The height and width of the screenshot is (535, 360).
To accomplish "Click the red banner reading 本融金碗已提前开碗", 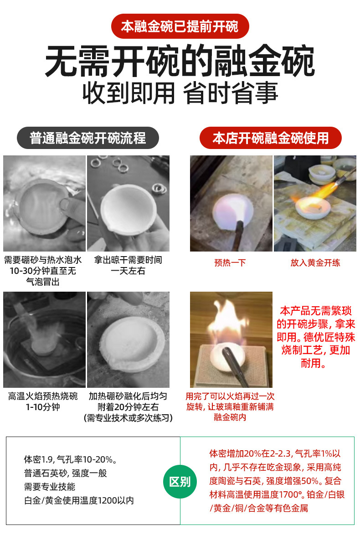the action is tap(180, 26).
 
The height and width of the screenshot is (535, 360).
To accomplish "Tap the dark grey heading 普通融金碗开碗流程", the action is tap(87, 138).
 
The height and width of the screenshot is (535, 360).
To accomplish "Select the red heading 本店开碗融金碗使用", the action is tap(270, 138).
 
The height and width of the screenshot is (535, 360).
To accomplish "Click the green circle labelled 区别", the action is tap(180, 481).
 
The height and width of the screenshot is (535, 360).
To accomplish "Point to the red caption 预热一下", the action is tap(230, 263).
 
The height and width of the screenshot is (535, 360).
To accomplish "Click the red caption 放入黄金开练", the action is tap(315, 263).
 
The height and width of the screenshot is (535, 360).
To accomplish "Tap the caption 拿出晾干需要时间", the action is tap(129, 260).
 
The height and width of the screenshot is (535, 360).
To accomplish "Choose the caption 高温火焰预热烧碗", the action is tap(43, 396).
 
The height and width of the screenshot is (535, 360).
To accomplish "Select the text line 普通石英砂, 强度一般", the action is tap(65, 473).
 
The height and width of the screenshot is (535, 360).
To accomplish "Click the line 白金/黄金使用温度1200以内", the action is tap(79, 500).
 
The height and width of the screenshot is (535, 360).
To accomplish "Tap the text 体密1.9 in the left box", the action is tap(37, 460).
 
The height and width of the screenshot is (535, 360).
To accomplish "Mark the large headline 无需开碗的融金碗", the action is tap(180, 61).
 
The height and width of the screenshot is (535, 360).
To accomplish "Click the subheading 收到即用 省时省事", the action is tap(180, 93).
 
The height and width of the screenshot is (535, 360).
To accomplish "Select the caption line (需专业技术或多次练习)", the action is tap(129, 418).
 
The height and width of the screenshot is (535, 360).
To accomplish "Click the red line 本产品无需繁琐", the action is tap(315, 311).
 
